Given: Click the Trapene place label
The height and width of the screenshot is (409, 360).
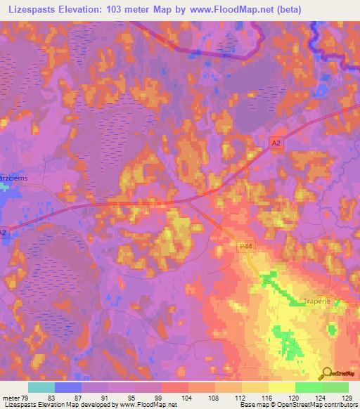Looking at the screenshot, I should (316, 301).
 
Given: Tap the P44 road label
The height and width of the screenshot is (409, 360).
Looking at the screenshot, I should (245, 246).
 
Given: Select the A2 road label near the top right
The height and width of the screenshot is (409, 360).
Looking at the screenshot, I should (277, 142).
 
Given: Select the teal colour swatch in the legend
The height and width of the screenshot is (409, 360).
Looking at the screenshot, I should (41, 387).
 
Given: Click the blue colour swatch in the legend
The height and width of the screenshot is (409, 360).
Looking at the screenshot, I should (68, 387).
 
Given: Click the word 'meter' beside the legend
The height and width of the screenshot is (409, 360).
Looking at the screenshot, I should (11, 398).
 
